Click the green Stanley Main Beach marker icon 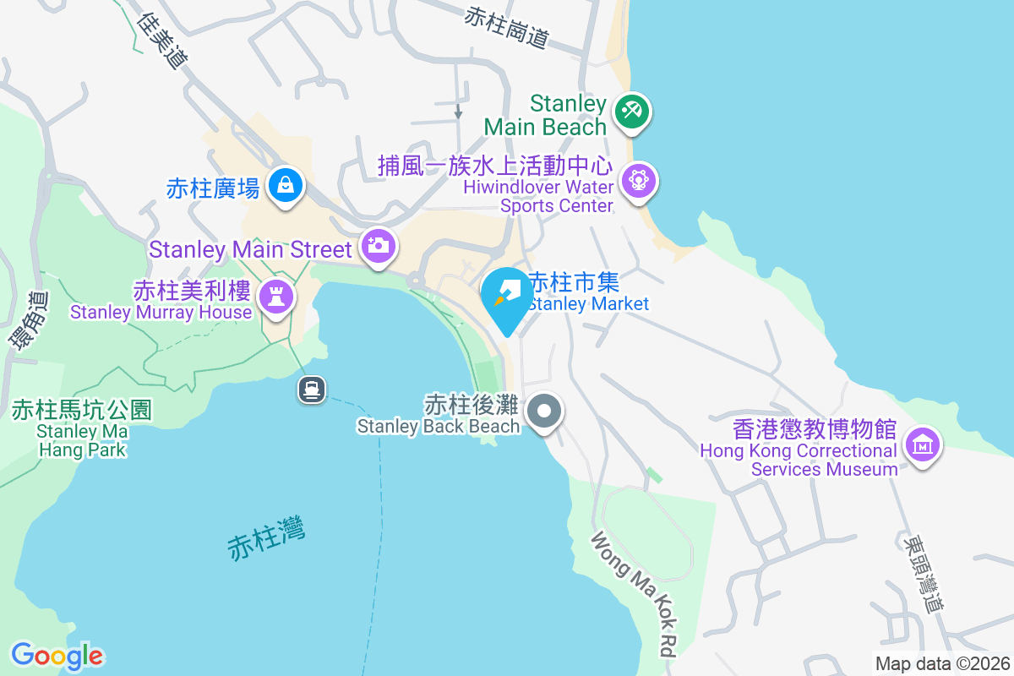[x=630, y=111]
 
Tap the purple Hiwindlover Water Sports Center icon [x=640, y=180]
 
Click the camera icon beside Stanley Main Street [x=378, y=246]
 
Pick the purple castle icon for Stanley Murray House [x=275, y=296]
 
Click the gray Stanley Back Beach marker [x=544, y=412]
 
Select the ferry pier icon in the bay [x=312, y=389]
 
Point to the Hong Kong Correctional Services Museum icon [x=922, y=444]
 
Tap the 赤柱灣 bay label [x=266, y=537]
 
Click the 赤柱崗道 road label [x=507, y=26]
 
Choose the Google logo [x=57, y=656]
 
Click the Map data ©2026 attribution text [x=941, y=663]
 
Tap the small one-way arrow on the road [x=458, y=111]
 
